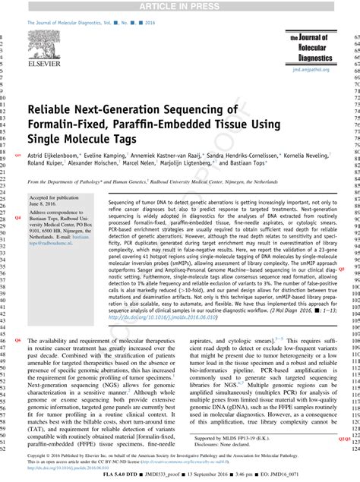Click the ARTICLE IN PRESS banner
tap(180, 7)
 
